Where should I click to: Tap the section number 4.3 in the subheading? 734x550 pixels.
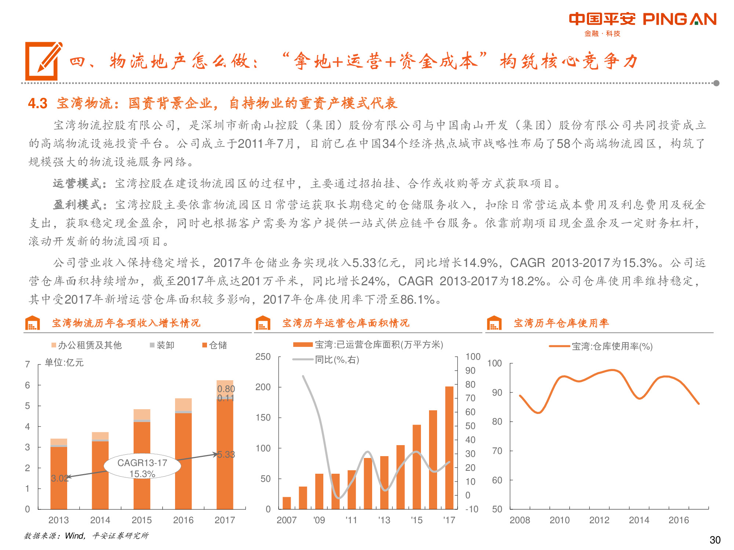38,103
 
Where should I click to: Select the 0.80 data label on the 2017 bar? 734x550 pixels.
226,389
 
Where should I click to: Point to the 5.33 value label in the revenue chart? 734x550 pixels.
226,455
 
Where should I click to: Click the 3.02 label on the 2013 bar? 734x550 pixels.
59,478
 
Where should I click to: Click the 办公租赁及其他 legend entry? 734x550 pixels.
87,345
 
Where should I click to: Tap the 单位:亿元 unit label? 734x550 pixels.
64,363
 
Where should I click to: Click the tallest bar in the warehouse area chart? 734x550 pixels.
449,447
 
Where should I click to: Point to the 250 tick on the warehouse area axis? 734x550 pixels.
263,357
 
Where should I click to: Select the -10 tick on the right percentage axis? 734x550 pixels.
472,509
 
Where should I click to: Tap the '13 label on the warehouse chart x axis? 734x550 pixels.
384,520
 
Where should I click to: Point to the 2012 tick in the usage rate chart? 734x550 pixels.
599,520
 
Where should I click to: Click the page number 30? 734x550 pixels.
715,540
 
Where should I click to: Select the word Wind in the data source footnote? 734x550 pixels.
75,536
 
